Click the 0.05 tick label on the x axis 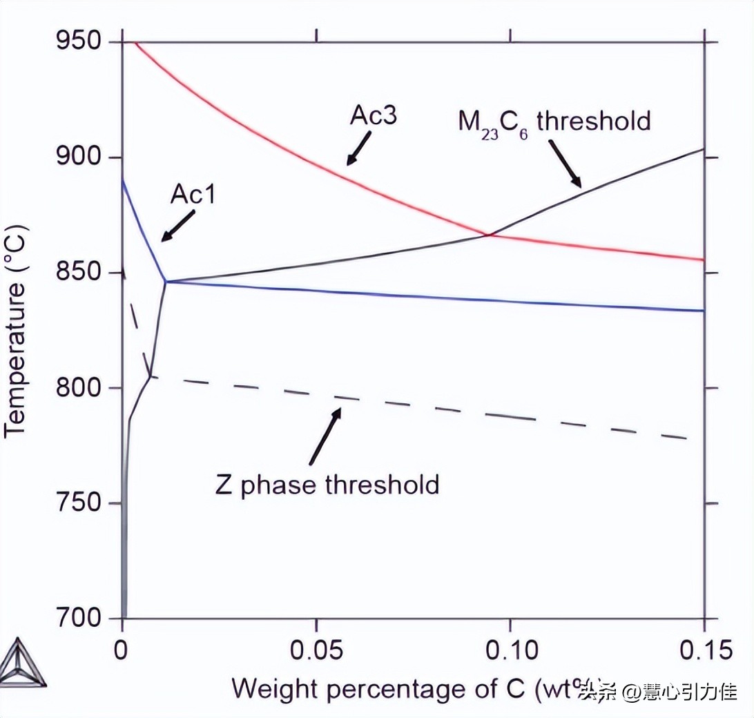[316, 650]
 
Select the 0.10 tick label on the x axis [510, 650]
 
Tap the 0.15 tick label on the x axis [703, 650]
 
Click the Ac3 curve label [373, 115]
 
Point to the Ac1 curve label [193, 195]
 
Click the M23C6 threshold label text [554, 122]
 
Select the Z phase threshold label [327, 485]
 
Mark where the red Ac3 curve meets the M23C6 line [488, 235]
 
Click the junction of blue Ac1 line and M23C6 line [166, 282]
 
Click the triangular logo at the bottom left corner [23, 663]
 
